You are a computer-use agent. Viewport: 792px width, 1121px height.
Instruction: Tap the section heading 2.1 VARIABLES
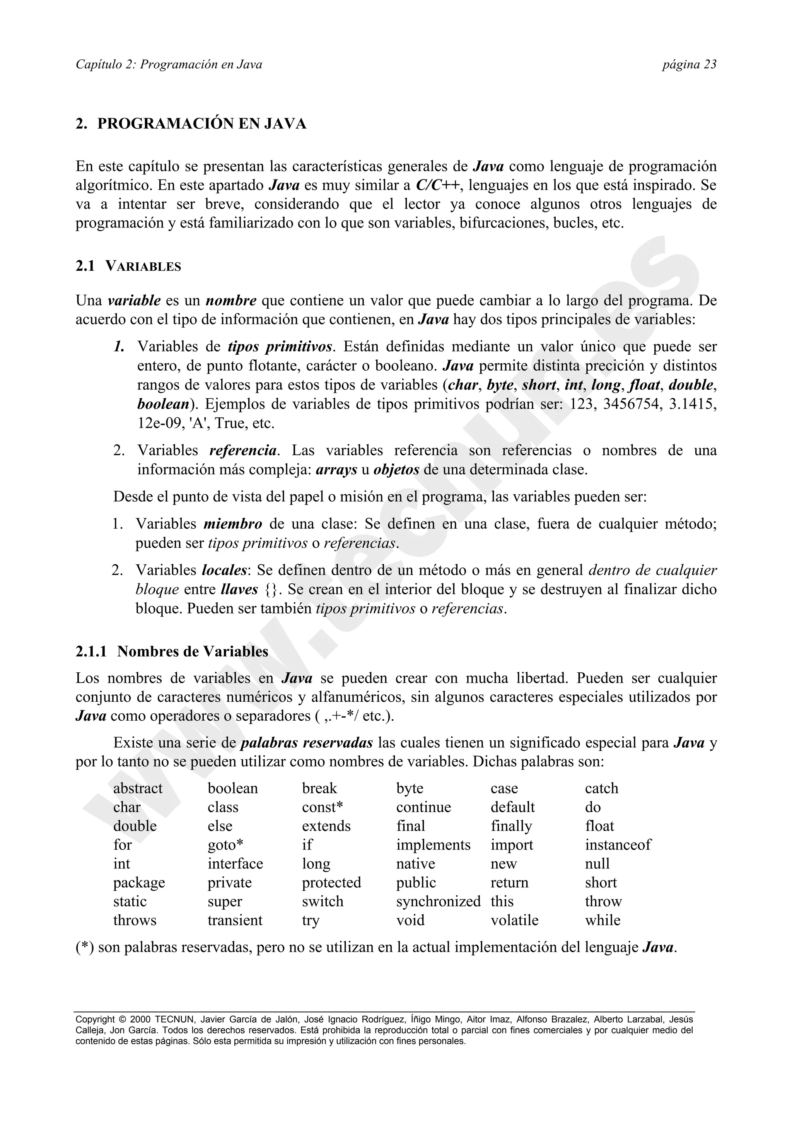click(x=128, y=267)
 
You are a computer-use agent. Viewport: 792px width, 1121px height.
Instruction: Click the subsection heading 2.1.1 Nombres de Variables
click(x=172, y=651)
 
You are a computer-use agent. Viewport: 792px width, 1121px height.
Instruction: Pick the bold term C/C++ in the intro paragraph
click(x=438, y=186)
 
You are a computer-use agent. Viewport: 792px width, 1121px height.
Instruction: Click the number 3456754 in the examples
click(x=630, y=404)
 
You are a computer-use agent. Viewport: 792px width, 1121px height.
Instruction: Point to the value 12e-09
click(x=158, y=423)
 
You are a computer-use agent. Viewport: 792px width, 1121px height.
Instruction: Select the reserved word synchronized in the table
click(x=438, y=901)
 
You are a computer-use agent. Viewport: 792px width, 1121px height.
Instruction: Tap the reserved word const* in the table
click(x=322, y=807)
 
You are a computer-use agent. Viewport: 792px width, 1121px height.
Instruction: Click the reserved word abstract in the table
click(x=138, y=788)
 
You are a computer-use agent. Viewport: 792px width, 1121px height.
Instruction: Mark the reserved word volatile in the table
click(x=514, y=920)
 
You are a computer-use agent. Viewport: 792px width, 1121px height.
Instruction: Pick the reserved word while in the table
click(x=603, y=920)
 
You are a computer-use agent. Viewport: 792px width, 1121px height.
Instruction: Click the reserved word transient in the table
click(x=235, y=920)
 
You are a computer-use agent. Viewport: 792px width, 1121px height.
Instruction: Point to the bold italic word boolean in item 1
click(x=163, y=404)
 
